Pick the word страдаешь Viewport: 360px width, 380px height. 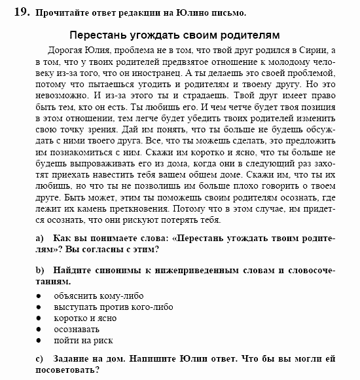point(174,98)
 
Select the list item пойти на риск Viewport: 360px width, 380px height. point(84,341)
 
